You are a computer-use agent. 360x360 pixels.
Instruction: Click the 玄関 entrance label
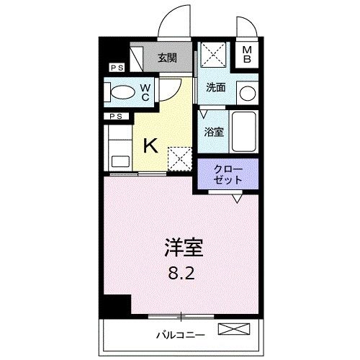pyautogui.click(x=168, y=58)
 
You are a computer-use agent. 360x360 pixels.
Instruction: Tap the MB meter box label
pyautogui.click(x=246, y=55)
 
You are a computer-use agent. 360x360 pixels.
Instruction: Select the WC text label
pyautogui.click(x=144, y=91)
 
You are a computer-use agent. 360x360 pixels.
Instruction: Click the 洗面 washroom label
pyautogui.click(x=215, y=88)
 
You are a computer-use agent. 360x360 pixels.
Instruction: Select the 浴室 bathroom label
pyautogui.click(x=212, y=132)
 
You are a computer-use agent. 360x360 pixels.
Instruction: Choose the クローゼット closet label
pyautogui.click(x=228, y=174)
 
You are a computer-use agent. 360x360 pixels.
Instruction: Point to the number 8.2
pyautogui.click(x=181, y=274)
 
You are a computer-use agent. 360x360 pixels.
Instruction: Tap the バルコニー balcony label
pyautogui.click(x=180, y=335)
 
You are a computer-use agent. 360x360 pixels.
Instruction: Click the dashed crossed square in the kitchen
pyautogui.click(x=177, y=156)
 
